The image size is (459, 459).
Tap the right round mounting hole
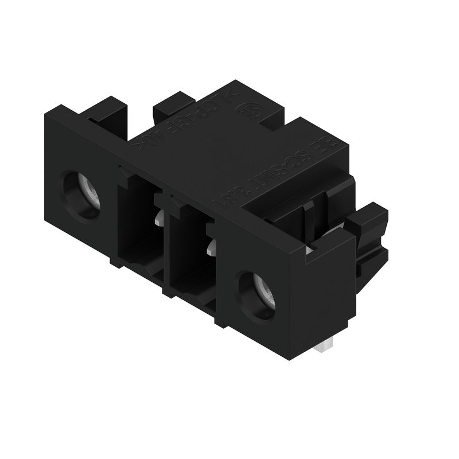click(256, 294)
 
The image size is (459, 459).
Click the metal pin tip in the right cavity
click(212, 247)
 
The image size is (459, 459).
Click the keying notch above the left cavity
click(126, 172)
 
